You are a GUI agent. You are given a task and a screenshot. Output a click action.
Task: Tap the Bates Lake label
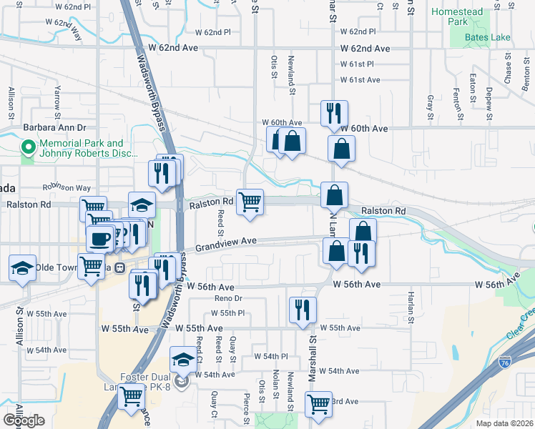tap(486, 37)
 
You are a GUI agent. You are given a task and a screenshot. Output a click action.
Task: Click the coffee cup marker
tap(101, 237)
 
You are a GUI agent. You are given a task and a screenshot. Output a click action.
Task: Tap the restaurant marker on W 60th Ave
tap(334, 113)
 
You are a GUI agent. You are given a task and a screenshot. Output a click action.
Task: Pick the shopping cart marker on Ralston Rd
tap(250, 202)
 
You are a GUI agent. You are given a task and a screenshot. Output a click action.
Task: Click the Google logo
tap(24, 420)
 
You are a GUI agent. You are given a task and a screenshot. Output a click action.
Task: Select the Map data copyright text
tap(505, 423)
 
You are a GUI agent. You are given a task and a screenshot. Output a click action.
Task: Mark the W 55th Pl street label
tap(227, 313)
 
